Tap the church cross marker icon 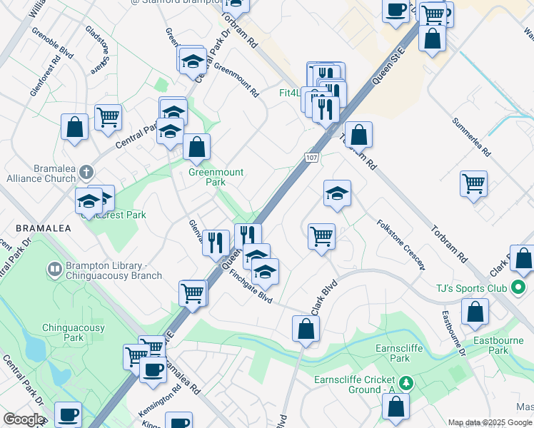[x=86, y=172]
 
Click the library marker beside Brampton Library [x=54, y=269]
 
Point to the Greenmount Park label [x=216, y=177]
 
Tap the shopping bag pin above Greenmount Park [x=196, y=147]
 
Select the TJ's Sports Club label [x=471, y=288]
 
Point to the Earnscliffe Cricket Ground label [x=354, y=384]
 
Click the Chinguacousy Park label [x=74, y=332]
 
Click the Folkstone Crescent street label [x=400, y=245]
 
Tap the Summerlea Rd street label [x=471, y=137]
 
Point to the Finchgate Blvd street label [x=251, y=285]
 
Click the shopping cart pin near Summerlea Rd [x=473, y=184]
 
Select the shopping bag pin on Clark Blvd [x=306, y=329]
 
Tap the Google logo [x=24, y=419]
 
